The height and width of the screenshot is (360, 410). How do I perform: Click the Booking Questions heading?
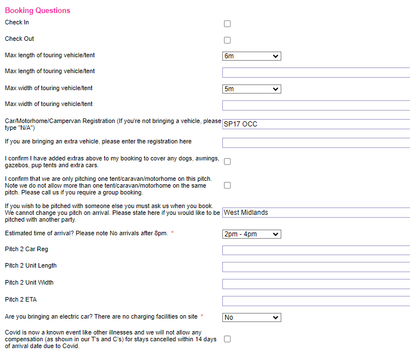click(37, 10)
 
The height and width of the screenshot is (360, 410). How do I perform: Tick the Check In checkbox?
click(227, 24)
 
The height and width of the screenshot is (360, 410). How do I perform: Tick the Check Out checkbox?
click(227, 40)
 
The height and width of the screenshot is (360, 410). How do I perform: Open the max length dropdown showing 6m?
click(251, 56)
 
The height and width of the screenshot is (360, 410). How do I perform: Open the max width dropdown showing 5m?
click(251, 89)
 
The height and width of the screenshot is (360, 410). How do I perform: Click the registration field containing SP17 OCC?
click(315, 124)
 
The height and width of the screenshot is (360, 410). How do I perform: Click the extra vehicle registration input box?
click(315, 142)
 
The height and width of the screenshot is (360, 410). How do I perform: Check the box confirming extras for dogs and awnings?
click(227, 162)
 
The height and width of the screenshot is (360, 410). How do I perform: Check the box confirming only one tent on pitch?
click(227, 185)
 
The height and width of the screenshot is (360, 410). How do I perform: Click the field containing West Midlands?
click(315, 213)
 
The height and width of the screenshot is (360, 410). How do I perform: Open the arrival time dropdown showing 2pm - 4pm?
click(251, 234)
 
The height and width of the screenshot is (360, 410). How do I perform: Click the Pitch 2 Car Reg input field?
click(315, 250)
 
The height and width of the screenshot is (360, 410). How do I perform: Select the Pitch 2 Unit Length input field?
click(315, 267)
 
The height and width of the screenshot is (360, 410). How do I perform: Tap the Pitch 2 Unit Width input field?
click(315, 284)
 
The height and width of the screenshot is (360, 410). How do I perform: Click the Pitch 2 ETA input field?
click(315, 301)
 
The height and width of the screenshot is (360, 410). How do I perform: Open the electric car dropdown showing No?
click(251, 317)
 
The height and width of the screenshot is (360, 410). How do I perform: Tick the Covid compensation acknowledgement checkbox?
click(227, 339)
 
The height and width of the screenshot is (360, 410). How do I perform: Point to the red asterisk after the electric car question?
click(202, 316)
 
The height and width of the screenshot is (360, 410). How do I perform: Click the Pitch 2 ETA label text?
click(20, 299)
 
